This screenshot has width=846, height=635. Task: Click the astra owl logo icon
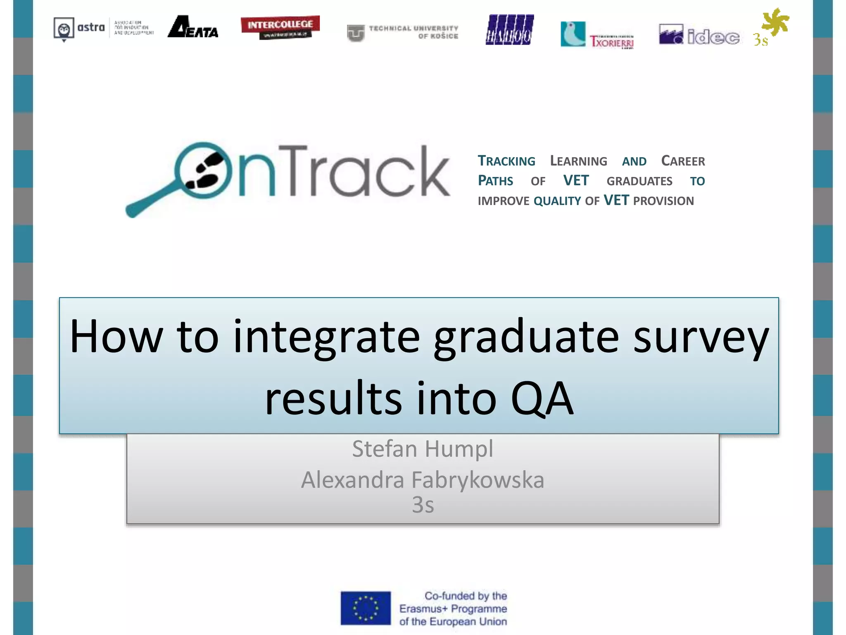[64, 29]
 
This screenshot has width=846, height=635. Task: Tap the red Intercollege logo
[280, 27]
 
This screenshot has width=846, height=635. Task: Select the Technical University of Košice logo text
[413, 32]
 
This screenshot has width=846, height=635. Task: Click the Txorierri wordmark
[611, 41]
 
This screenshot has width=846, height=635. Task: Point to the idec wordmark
[713, 37]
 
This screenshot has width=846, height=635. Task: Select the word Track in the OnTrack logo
[364, 171]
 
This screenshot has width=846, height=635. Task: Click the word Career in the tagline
[683, 161]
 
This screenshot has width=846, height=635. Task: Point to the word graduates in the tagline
[639, 181]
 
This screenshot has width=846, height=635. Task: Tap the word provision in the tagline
[663, 201]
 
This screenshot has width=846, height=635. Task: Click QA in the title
[542, 398]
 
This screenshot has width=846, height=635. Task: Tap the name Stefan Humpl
[423, 449]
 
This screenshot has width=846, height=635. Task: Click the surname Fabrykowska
[478, 480]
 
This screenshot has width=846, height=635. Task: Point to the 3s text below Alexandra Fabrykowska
[423, 505]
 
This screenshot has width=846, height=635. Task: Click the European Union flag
[366, 608]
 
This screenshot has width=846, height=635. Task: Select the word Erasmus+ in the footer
[423, 609]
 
